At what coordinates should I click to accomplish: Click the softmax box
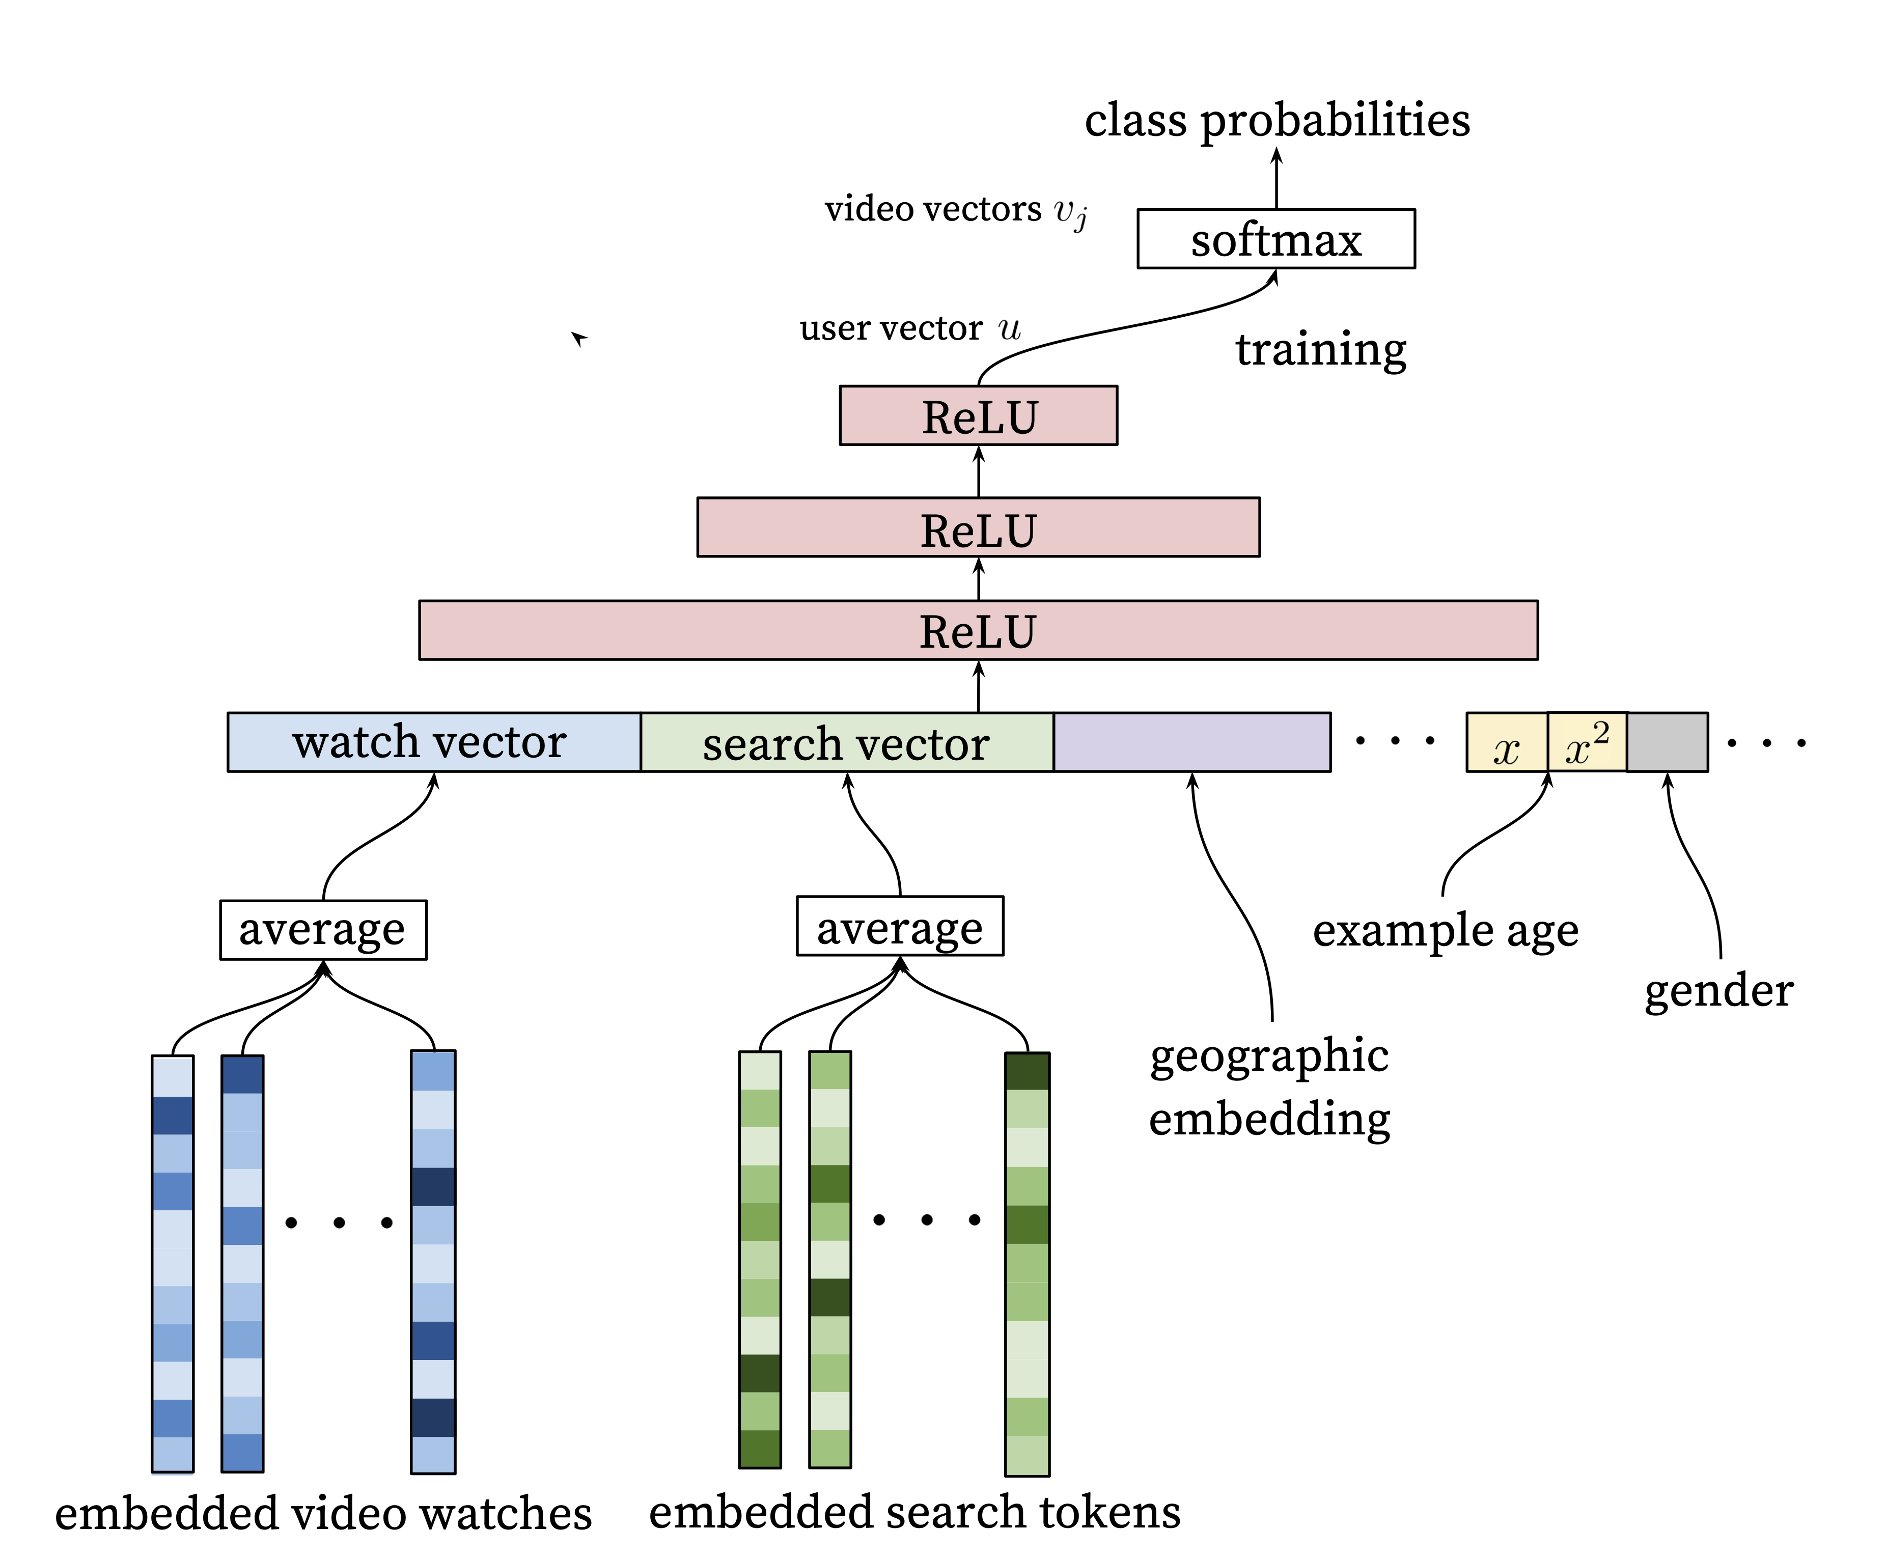pos(1275,239)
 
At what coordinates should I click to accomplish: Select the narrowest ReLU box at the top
pos(978,416)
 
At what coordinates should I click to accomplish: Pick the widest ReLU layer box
pos(978,630)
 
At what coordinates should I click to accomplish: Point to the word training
pos(1320,350)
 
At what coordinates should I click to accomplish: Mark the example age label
pos(1445,931)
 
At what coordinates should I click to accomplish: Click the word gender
pos(1718,991)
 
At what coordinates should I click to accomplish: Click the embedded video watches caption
pos(323,1514)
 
